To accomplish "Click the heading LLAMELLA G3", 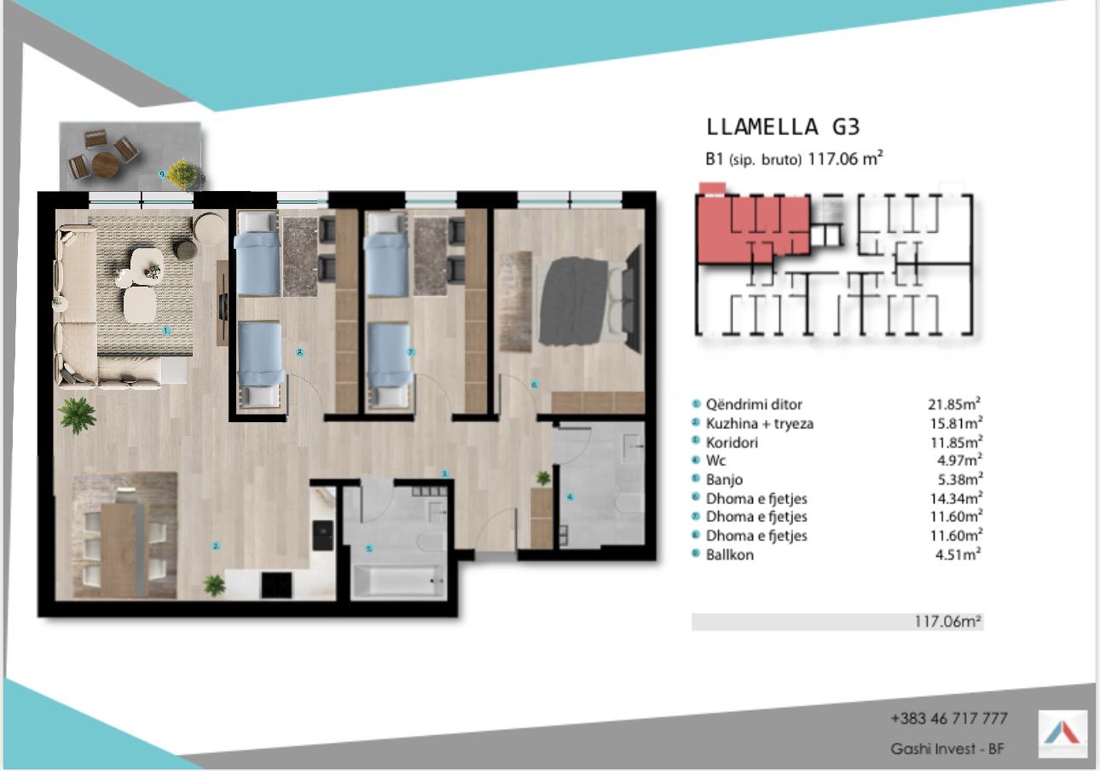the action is [x=783, y=127].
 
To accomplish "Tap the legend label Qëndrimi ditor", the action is [x=754, y=404].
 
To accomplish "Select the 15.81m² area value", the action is [x=956, y=423].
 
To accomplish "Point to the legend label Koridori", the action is [x=732, y=443].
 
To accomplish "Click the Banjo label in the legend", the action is [x=724, y=479].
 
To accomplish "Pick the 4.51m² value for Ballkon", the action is [x=958, y=554].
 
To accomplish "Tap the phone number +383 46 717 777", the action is [x=949, y=718].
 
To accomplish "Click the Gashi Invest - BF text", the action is [x=947, y=749].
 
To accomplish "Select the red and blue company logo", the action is [x=1062, y=733].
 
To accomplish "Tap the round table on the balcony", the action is [x=106, y=164].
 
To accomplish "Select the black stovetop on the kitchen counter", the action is [x=276, y=585].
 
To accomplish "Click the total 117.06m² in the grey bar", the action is [x=947, y=621].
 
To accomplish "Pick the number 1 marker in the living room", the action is [x=166, y=331].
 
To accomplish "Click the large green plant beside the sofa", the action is [x=77, y=415].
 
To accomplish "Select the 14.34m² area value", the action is [x=956, y=498].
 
